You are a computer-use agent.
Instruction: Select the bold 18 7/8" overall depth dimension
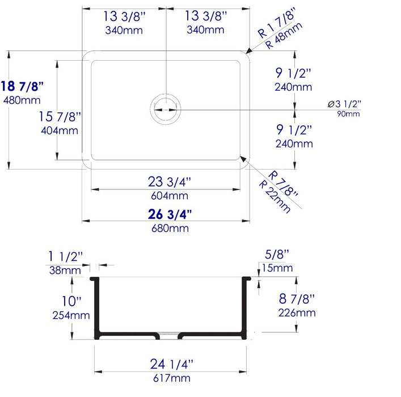pyautogui.click(x=23, y=86)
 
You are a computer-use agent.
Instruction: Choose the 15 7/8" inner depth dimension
pyautogui.click(x=60, y=117)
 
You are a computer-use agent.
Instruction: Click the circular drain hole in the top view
pyautogui.click(x=166, y=108)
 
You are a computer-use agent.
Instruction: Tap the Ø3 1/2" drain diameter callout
pyautogui.click(x=344, y=103)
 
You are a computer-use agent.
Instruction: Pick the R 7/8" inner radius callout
pyautogui.click(x=284, y=183)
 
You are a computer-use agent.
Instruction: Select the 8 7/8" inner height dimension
pyautogui.click(x=297, y=298)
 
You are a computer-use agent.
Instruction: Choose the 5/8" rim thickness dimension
pyautogui.click(x=277, y=254)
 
